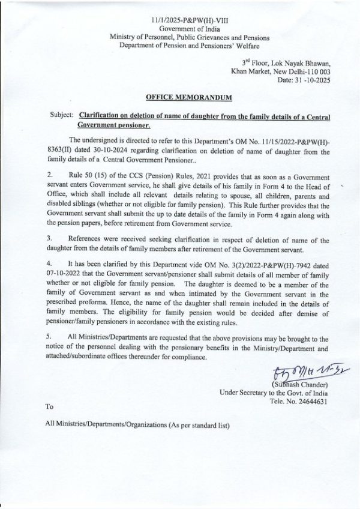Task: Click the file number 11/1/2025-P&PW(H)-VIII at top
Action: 185,20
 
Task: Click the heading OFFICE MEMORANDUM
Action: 185,97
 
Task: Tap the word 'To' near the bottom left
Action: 49,407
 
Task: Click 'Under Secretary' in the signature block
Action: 245,393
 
